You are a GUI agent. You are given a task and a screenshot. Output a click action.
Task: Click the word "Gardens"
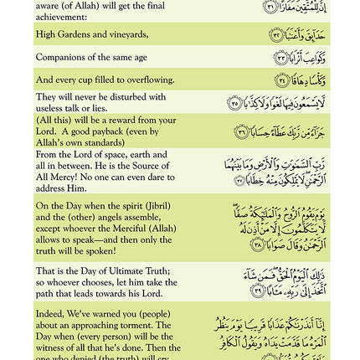coord(74,35)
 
